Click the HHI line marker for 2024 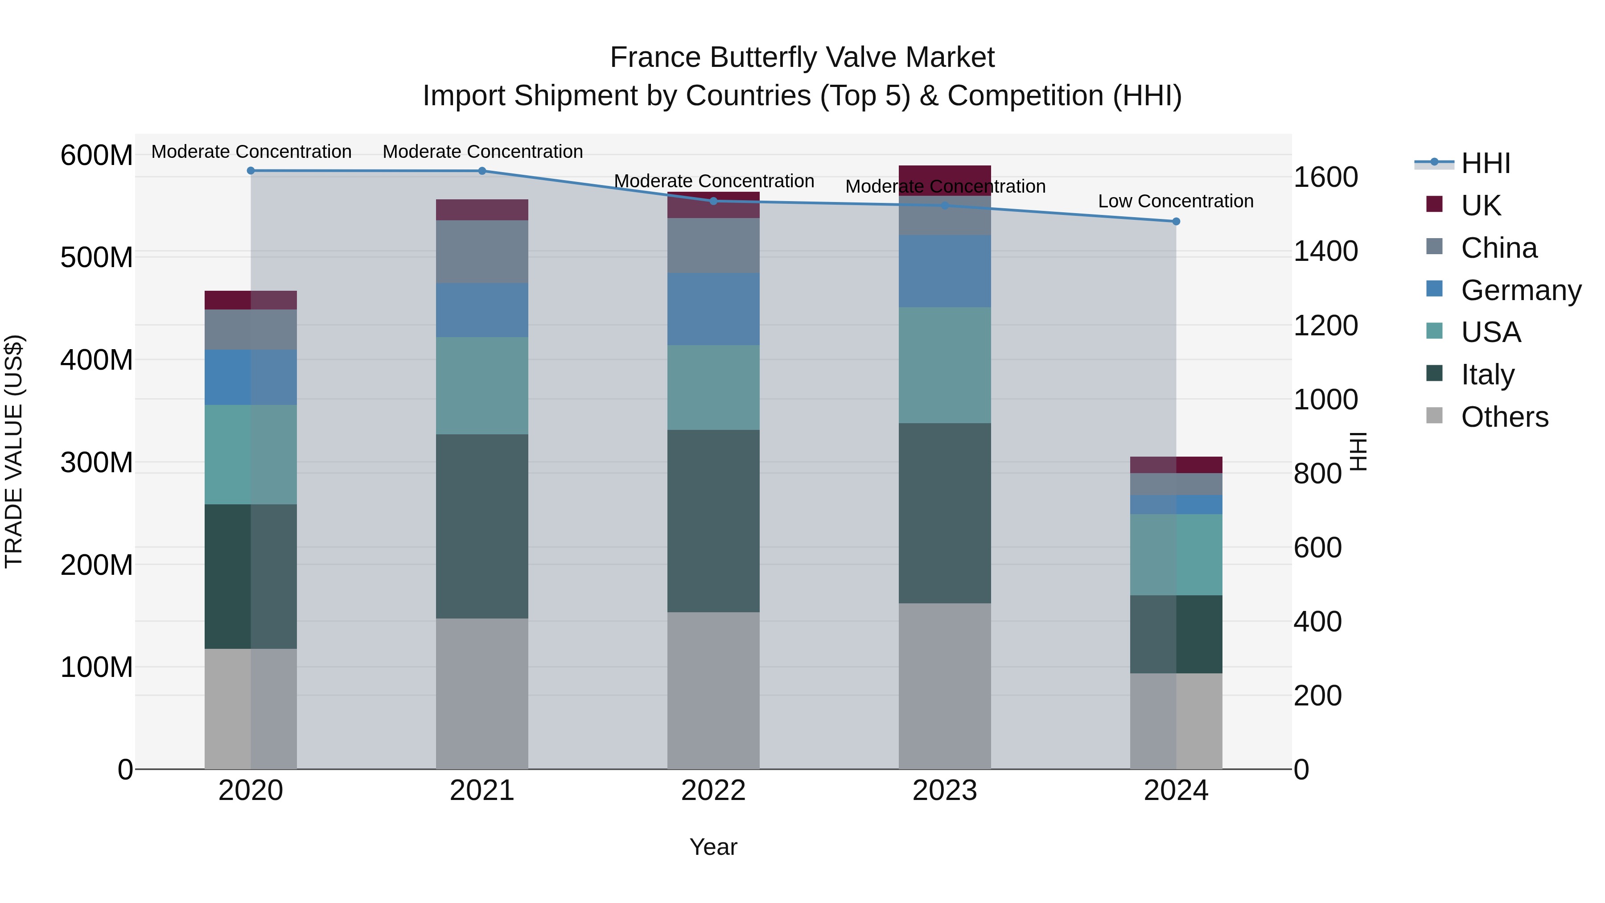point(1176,221)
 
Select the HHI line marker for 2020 point(251,170)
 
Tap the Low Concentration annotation point(1175,201)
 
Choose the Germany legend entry point(1520,290)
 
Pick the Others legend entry point(1504,416)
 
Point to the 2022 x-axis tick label point(713,790)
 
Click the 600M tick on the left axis point(97,155)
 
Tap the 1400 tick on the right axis point(1325,251)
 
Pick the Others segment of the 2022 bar point(713,690)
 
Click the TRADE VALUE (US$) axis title point(14,451)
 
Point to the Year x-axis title point(713,847)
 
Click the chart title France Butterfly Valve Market point(802,58)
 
